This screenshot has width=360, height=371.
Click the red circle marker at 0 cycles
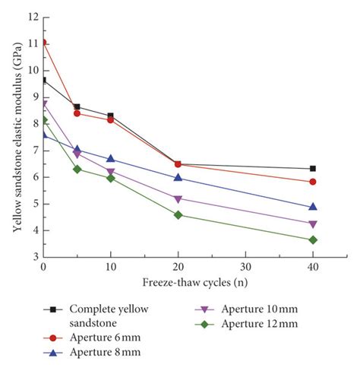tap(43, 43)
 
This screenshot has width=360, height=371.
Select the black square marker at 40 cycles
tap(313, 169)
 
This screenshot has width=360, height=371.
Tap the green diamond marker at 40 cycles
tap(313, 240)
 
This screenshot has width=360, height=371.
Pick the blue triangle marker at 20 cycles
tap(178, 177)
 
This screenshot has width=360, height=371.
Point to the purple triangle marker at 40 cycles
tap(313, 224)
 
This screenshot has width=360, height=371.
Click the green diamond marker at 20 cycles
tap(178, 215)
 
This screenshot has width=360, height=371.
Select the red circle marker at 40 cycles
tap(313, 182)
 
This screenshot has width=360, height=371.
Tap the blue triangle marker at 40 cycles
tap(313, 207)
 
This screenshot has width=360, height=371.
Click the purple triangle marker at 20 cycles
tap(178, 200)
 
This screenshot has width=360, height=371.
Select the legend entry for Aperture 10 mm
tap(261, 309)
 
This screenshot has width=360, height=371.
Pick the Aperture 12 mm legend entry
tap(261, 325)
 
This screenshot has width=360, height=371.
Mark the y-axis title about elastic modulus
tap(12, 137)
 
